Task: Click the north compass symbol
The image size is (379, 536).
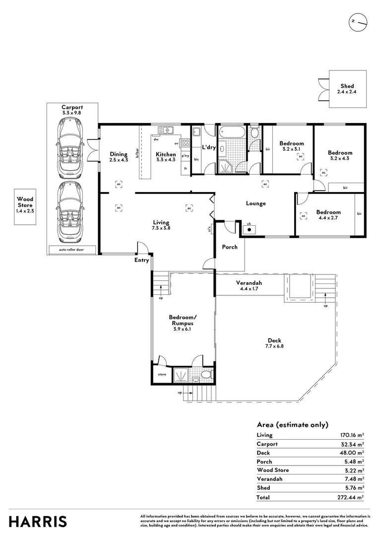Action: click(x=357, y=22)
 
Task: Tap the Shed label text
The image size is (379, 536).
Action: click(x=347, y=89)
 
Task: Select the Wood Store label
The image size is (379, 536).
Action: click(x=25, y=205)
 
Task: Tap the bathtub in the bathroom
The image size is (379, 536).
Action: click(x=232, y=133)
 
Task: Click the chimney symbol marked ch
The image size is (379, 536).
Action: click(x=249, y=230)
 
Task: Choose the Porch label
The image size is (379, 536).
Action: click(x=229, y=247)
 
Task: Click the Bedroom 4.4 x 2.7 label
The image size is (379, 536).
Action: click(x=328, y=215)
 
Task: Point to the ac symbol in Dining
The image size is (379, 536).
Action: click(x=119, y=184)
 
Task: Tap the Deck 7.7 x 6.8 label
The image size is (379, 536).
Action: click(x=274, y=343)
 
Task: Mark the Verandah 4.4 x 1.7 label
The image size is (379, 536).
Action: click(x=251, y=285)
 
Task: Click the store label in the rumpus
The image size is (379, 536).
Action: click(x=162, y=374)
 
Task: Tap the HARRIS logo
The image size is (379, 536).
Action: click(x=38, y=522)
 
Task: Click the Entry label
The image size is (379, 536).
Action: click(x=141, y=260)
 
